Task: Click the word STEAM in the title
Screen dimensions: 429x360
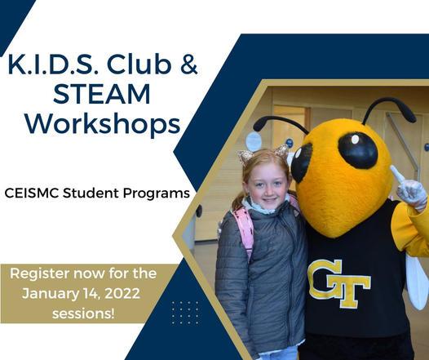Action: click(x=101, y=94)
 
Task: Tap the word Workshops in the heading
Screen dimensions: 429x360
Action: click(x=103, y=124)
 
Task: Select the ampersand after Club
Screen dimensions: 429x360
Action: click(x=188, y=64)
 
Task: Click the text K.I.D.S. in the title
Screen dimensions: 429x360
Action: click(x=53, y=64)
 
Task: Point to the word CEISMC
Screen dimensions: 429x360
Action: click(x=32, y=193)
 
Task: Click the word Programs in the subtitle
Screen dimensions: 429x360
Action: click(x=157, y=193)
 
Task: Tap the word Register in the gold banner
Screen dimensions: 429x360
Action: click(x=39, y=274)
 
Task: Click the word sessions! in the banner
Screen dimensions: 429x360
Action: click(x=83, y=313)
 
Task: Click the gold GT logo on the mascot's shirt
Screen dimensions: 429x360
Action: click(x=339, y=283)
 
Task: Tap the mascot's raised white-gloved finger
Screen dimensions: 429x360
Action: click(x=397, y=175)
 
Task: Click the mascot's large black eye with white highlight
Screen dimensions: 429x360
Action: click(x=357, y=150)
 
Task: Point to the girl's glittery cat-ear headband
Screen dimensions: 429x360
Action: click(x=263, y=153)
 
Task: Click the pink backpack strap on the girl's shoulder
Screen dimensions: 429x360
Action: click(x=245, y=229)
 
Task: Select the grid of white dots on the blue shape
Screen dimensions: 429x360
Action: click(x=185, y=313)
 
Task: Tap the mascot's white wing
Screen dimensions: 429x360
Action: click(x=417, y=282)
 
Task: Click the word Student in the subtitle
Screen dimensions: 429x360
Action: click(x=91, y=193)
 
